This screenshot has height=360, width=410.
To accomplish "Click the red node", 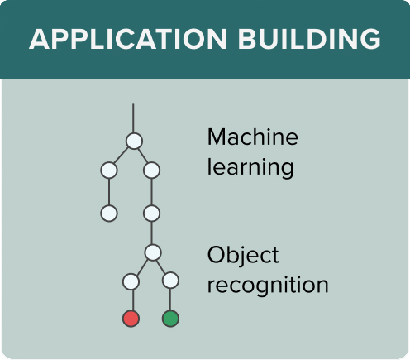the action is tap(131, 319).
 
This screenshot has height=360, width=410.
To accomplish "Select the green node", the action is tap(170, 319).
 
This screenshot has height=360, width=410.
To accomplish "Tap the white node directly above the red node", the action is tap(131, 281).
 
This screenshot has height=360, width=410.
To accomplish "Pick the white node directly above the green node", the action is tap(170, 281).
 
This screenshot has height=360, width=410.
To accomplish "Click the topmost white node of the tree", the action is tap(134, 141).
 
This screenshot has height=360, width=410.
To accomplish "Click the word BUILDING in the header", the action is tap(309, 39).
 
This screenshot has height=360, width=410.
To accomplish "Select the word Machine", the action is tap(253, 137).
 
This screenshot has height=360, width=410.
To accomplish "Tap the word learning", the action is tap(250, 167).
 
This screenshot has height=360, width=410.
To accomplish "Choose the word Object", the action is tap(243, 256).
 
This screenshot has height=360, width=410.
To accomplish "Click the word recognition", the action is tap(268, 286).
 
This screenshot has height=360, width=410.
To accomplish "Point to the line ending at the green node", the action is tap(170, 300).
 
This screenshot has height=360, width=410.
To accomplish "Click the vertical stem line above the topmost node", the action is tap(133, 118).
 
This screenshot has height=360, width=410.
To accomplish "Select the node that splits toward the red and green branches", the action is tap(153, 252).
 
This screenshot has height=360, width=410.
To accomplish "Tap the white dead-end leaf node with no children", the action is tap(109, 214).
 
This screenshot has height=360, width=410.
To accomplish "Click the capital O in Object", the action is tap(216, 255).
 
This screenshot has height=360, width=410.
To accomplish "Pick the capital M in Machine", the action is tap(217, 137).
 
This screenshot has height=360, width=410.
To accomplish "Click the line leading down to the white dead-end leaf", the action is tap(109, 192).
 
